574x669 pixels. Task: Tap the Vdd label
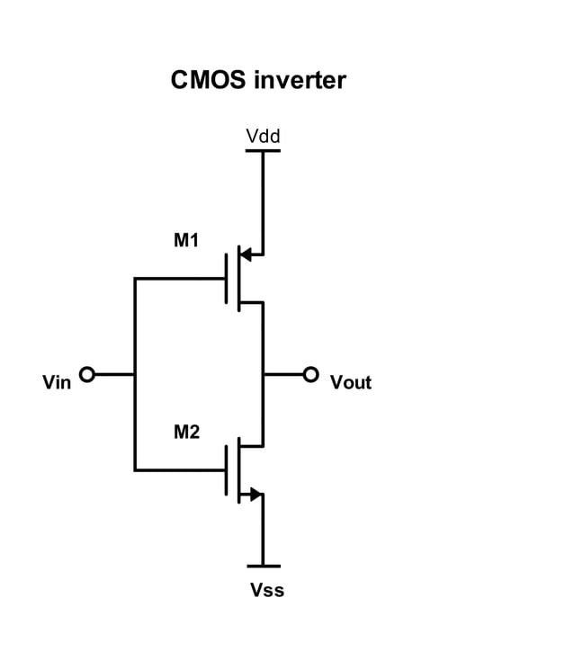pyautogui.click(x=263, y=136)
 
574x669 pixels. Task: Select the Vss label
pyautogui.click(x=267, y=591)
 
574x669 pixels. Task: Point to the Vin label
pyautogui.click(x=57, y=383)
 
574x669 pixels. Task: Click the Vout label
pyautogui.click(x=351, y=383)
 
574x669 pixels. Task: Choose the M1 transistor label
pyautogui.click(x=186, y=240)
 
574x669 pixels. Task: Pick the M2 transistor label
pyautogui.click(x=186, y=433)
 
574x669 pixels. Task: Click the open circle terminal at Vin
pyautogui.click(x=87, y=374)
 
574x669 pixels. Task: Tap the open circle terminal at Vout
pyautogui.click(x=310, y=374)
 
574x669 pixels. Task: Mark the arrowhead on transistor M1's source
pyautogui.click(x=246, y=254)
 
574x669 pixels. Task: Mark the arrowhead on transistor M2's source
pyautogui.click(x=256, y=494)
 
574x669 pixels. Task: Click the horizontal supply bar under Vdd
pyautogui.click(x=263, y=150)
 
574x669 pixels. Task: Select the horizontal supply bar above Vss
pyautogui.click(x=263, y=566)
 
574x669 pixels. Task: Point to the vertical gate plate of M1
pyautogui.click(x=226, y=279)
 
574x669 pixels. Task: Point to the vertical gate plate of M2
pyautogui.click(x=226, y=469)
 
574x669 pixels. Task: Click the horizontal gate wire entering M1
pyautogui.click(x=180, y=279)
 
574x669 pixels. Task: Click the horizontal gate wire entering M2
pyautogui.click(x=180, y=469)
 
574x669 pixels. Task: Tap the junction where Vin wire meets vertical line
pyautogui.click(x=135, y=374)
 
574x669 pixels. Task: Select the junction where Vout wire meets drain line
pyautogui.click(x=263, y=374)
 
